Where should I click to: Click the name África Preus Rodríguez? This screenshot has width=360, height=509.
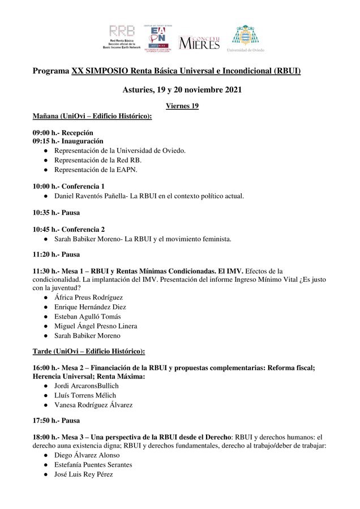coord(88,297)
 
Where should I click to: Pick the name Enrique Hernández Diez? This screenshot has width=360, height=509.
coord(90,307)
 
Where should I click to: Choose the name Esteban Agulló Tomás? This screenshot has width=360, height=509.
coord(87,316)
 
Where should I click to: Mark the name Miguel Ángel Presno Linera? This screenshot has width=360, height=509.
coord(96,326)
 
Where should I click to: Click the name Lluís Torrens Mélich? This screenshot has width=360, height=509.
coord(85,395)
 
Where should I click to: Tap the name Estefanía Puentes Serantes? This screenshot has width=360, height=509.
coord(93,464)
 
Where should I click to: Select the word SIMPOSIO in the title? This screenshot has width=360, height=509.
coord(109,71)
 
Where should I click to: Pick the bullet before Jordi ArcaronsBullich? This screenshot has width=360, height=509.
coord(46,386)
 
